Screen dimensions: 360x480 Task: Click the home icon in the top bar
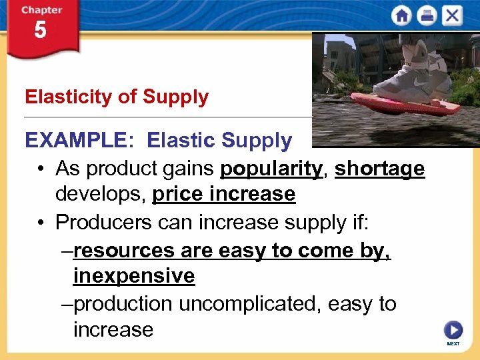pyautogui.click(x=401, y=15)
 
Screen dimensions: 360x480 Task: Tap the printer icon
pyautogui.click(x=427, y=15)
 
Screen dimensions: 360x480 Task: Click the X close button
pyautogui.click(x=452, y=15)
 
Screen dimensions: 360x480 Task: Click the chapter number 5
pyautogui.click(x=40, y=31)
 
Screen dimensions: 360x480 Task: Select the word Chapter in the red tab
pyautogui.click(x=41, y=10)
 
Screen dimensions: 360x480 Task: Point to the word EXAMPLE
pyautogui.click(x=74, y=141)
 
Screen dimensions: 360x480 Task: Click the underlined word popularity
pyautogui.click(x=271, y=169)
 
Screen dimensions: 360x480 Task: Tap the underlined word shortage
pyautogui.click(x=379, y=169)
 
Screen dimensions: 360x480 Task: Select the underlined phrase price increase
pyautogui.click(x=223, y=195)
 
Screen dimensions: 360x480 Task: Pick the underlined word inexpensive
pyautogui.click(x=134, y=276)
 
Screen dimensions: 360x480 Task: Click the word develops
pyautogui.click(x=101, y=195)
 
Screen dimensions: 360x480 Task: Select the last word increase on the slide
pyautogui.click(x=113, y=329)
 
